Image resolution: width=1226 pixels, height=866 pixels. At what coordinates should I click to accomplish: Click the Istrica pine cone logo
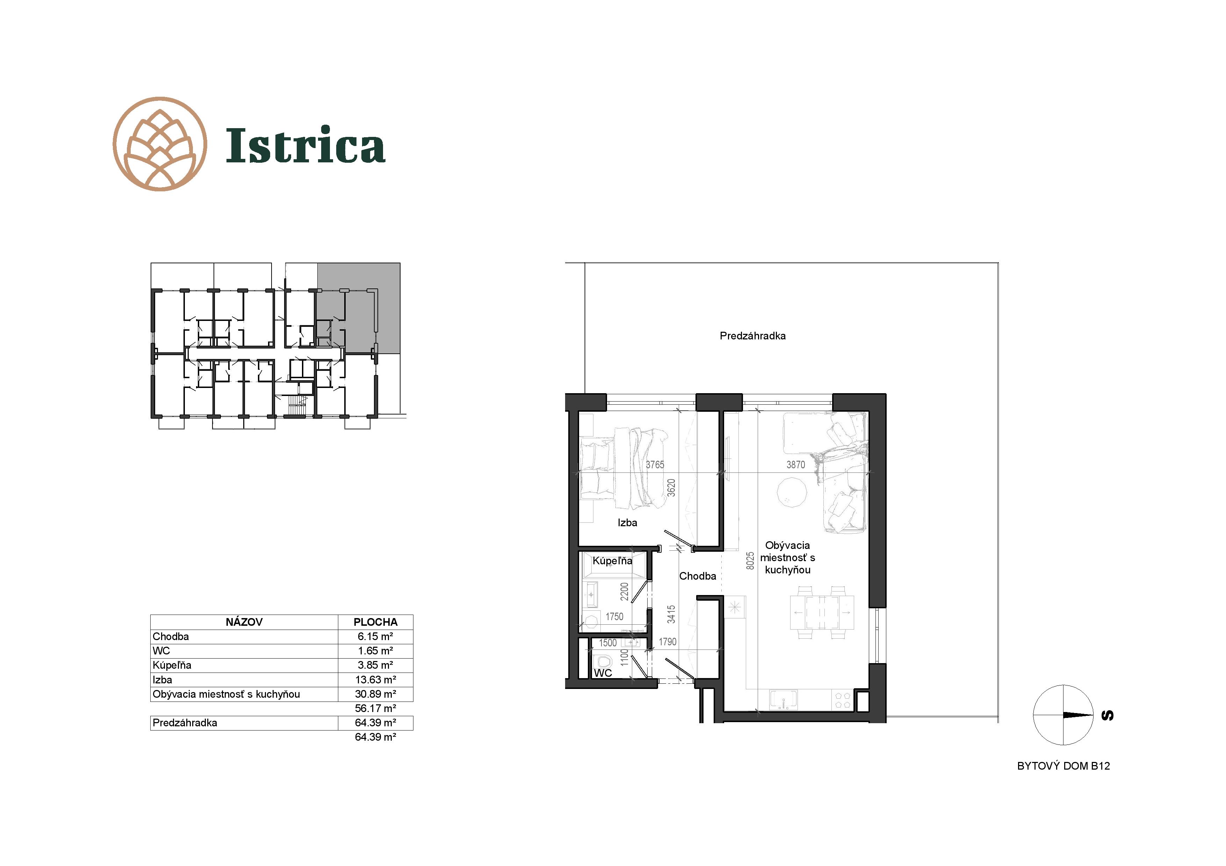click(160, 144)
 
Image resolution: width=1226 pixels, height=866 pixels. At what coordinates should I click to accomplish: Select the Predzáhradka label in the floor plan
click(752, 336)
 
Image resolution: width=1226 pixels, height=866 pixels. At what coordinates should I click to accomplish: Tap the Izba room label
click(627, 522)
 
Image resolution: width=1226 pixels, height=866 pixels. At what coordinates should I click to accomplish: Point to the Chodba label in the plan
click(697, 576)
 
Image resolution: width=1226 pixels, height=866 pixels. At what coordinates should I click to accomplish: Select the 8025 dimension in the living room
click(750, 561)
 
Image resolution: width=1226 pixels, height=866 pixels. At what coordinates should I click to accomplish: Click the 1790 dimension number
click(668, 642)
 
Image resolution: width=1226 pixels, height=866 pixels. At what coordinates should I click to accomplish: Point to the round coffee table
click(791, 491)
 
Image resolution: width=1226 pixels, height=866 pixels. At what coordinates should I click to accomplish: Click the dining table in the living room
click(822, 612)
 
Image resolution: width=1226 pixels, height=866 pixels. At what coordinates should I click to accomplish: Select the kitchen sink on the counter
click(783, 699)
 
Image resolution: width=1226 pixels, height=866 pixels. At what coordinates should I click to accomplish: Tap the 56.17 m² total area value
click(375, 709)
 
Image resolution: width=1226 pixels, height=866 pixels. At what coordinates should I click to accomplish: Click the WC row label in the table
click(161, 651)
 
